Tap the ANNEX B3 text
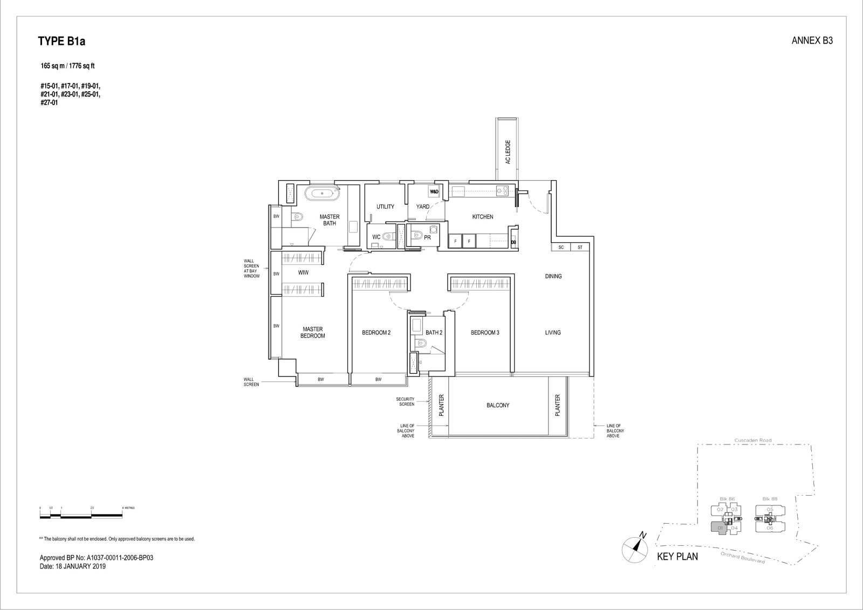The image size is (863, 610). click(x=812, y=40)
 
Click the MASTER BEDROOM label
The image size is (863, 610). click(x=313, y=332)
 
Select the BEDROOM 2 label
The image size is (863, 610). click(x=376, y=333)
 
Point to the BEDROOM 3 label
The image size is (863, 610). click(x=484, y=333)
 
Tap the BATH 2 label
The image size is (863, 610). click(x=434, y=333)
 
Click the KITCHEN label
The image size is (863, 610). click(x=482, y=217)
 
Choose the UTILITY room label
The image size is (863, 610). click(x=385, y=207)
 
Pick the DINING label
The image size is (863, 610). click(x=553, y=276)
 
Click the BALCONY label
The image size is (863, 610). click(x=497, y=406)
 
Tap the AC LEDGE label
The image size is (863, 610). click(x=508, y=152)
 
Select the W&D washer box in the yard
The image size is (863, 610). click(x=434, y=191)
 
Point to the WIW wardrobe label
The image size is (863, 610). click(x=303, y=273)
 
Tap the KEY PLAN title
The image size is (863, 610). click(x=677, y=557)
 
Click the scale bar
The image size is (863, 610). click(x=81, y=516)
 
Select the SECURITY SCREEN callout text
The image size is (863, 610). click(x=406, y=401)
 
